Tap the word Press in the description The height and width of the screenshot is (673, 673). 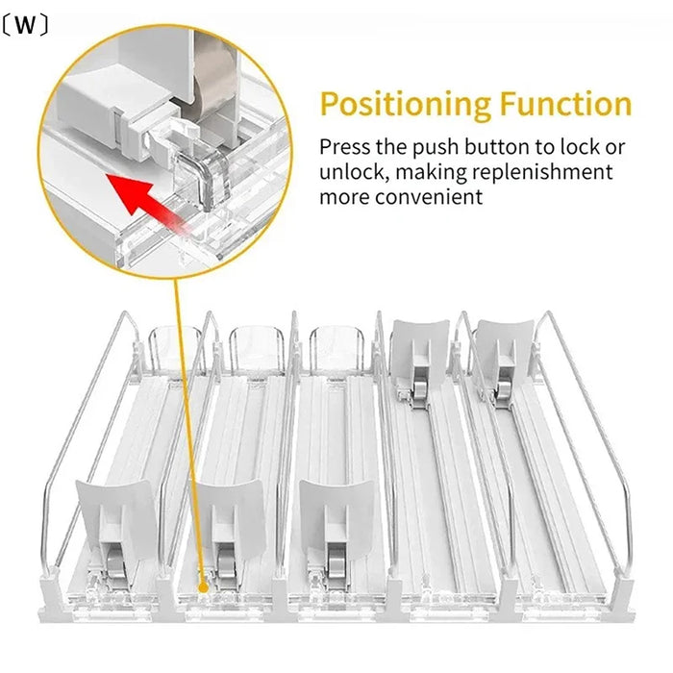[342, 148]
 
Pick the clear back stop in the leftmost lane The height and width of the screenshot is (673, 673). [175, 346]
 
